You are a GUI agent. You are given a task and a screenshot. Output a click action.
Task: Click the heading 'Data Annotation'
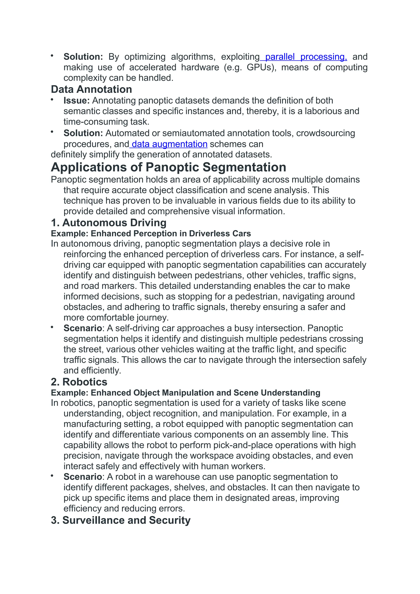tap(91, 89)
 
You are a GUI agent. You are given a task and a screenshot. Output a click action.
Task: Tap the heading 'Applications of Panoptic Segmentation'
tap(168, 167)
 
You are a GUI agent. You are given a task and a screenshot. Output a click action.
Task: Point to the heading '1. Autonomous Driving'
tap(109, 223)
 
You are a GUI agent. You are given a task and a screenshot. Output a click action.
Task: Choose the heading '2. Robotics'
tap(79, 382)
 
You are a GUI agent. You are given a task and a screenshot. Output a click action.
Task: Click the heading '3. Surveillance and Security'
tap(121, 520)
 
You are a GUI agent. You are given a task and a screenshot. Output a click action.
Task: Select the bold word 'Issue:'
tap(77, 100)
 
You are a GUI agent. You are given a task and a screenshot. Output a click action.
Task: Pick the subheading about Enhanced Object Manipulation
tap(186, 393)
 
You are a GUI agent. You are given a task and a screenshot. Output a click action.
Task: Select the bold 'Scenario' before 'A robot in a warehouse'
tap(83, 477)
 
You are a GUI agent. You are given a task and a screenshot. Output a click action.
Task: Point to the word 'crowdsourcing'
tap(325, 133)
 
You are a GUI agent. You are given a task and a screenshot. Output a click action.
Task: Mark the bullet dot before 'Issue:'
tap(52, 100)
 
